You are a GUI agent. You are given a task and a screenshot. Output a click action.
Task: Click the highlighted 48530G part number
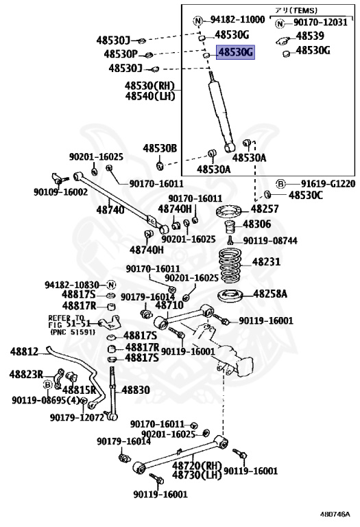235,52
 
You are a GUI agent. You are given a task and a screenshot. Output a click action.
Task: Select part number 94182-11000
238,19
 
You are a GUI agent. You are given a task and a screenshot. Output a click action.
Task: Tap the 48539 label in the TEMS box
310,36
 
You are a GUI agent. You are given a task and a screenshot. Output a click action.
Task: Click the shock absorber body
221,116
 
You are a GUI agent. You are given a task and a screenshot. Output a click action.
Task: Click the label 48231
266,261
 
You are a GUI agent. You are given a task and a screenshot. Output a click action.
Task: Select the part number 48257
265,209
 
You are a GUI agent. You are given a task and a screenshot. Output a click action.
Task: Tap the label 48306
257,224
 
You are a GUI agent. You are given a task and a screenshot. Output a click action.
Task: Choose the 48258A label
270,294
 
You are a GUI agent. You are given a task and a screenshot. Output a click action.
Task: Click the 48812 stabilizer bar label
24,351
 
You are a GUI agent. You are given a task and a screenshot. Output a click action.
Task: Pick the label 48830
136,390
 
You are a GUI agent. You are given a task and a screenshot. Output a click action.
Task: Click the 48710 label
169,305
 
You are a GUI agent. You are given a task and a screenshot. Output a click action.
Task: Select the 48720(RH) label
197,466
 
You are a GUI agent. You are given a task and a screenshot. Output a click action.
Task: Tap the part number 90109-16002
60,191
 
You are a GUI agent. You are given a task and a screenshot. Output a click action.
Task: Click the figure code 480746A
335,514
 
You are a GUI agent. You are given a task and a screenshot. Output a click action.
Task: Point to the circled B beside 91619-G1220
280,184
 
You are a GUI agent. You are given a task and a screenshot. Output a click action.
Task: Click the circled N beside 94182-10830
111,285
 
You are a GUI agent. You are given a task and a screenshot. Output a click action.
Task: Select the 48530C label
306,195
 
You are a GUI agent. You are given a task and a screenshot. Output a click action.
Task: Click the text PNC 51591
73,332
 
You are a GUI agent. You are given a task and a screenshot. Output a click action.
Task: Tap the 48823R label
26,374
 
